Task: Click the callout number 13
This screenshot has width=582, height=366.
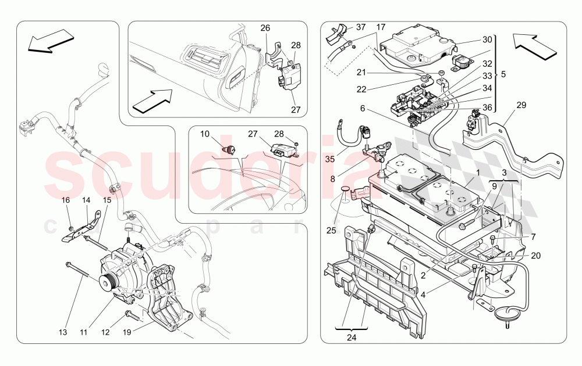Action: pos(63,332)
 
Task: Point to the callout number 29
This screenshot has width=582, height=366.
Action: pos(521,105)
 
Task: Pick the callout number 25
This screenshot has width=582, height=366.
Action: pos(332,231)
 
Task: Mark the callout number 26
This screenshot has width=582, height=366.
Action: pos(265,27)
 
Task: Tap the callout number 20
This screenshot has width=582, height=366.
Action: pos(536,255)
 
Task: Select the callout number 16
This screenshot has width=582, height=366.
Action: pos(66,200)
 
